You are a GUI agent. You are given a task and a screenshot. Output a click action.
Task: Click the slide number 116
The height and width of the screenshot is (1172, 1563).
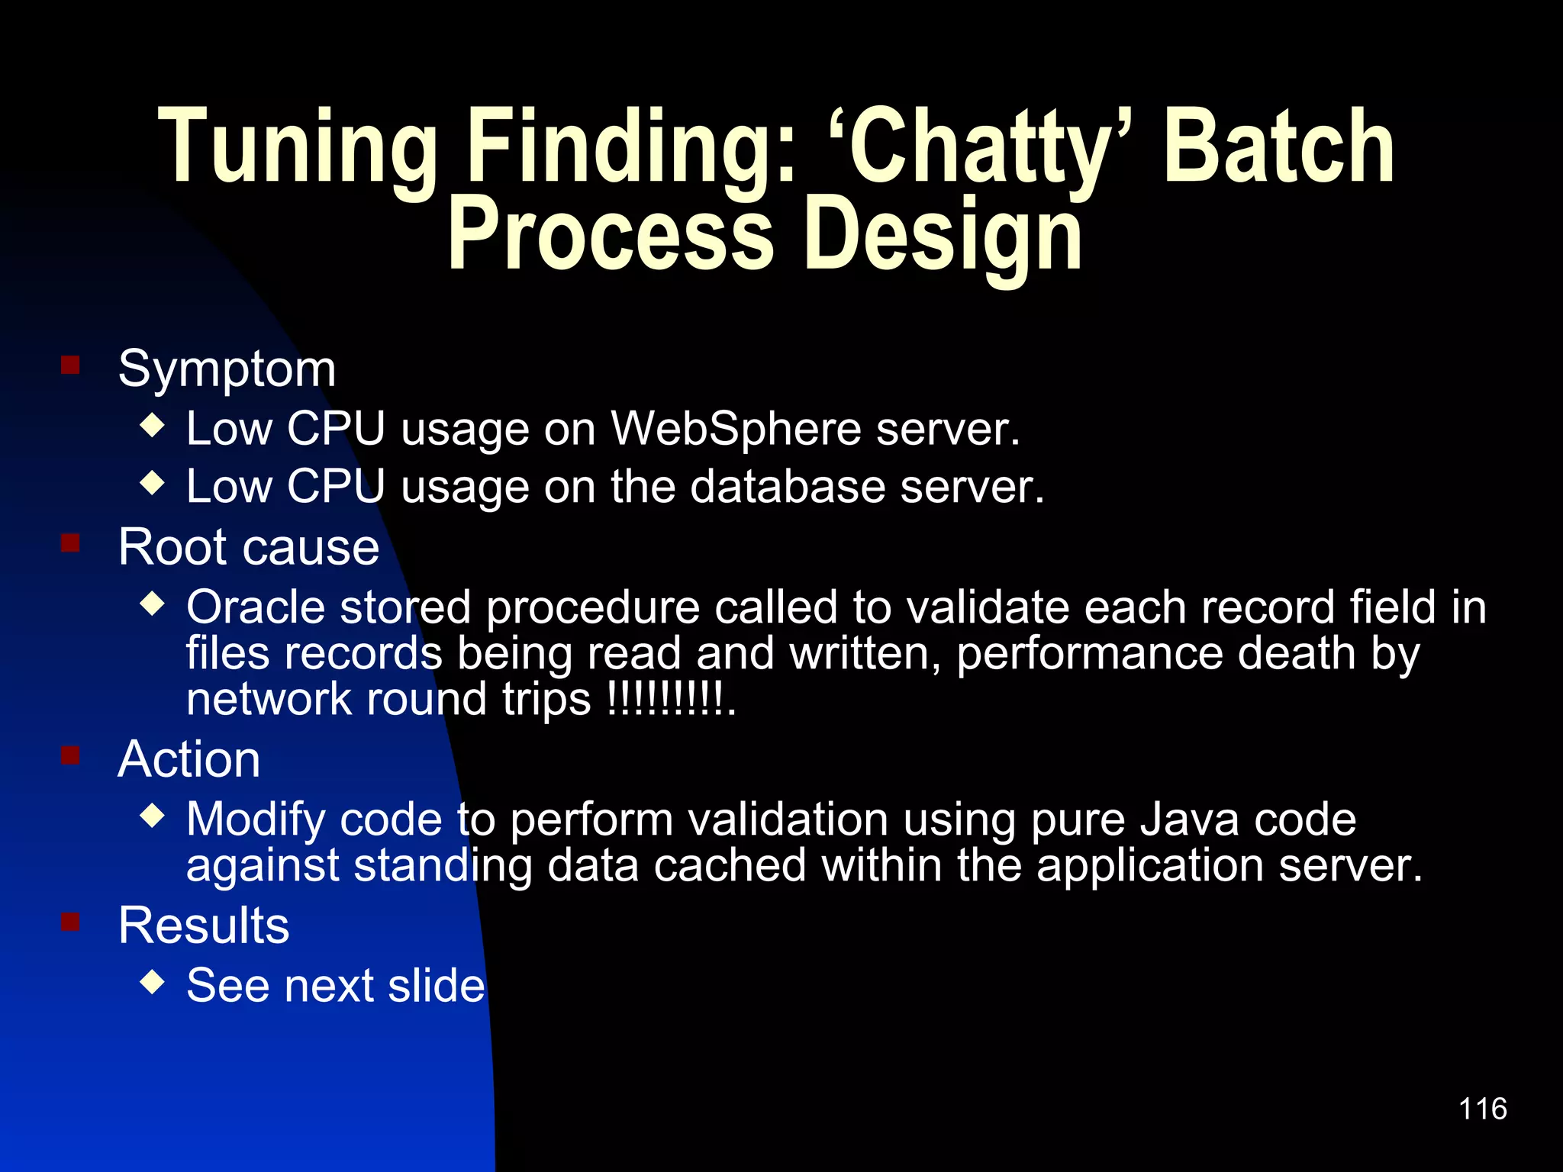coord(1482,1109)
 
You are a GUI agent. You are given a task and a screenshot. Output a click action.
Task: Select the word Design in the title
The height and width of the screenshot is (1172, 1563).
coord(943,234)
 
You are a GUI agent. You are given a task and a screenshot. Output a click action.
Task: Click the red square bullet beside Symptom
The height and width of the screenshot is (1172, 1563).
coord(71,365)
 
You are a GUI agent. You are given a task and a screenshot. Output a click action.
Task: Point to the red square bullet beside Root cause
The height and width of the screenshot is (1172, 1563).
coord(71,543)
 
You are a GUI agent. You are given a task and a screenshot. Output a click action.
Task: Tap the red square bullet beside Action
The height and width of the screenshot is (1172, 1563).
coord(71,755)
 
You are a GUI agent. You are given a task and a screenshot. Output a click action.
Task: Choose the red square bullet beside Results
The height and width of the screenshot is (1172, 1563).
coord(71,922)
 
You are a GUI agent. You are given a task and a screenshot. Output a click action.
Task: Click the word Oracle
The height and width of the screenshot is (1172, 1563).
coord(256,608)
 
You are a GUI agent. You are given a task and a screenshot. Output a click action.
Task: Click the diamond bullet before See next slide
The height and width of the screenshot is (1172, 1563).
coord(153,981)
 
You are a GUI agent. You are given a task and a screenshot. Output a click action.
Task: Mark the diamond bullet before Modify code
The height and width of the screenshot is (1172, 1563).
coord(153,816)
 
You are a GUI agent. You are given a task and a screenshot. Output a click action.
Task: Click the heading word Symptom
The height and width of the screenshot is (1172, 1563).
coord(227,369)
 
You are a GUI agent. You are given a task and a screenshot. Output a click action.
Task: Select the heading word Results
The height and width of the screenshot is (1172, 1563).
coord(204,926)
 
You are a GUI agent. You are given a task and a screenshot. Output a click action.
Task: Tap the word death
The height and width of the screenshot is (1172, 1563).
coord(1296,654)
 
